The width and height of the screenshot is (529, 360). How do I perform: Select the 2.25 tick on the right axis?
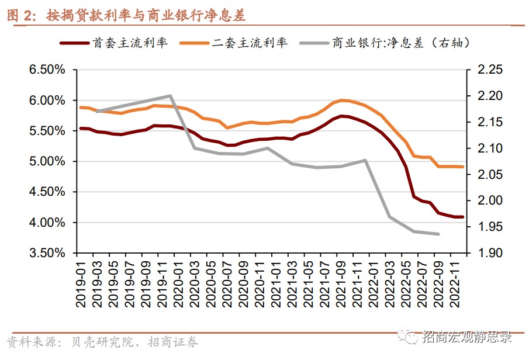[490, 70]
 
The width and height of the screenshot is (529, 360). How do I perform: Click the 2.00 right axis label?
[490, 200]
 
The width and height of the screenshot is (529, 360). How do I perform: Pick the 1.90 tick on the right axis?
[490, 253]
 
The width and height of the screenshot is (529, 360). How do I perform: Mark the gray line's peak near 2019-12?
[170, 96]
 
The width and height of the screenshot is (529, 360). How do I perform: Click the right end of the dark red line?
[463, 217]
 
